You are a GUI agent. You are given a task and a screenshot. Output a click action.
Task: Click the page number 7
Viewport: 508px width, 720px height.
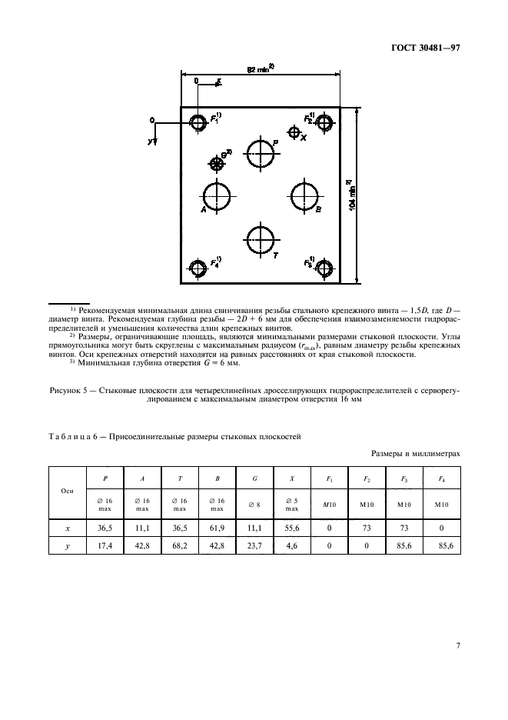457,645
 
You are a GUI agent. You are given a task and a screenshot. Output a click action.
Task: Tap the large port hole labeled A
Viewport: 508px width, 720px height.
217,196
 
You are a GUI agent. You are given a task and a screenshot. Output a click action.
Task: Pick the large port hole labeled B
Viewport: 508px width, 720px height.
304,196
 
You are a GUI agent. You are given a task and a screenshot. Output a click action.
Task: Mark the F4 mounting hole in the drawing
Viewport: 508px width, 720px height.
198,268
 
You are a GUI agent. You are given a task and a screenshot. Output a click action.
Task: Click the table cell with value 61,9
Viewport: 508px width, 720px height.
218,528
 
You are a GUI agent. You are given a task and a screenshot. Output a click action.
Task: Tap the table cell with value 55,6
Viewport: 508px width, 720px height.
293,528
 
